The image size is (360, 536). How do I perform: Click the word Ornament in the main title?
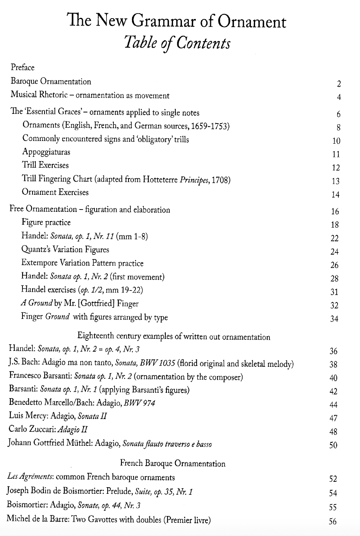252,22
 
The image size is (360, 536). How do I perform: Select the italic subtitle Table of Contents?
177,43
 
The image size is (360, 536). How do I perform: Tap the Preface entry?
22,67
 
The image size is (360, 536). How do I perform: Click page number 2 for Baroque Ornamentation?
339,84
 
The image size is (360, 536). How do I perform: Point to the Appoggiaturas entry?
46,152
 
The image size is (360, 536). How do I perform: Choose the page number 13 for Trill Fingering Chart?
336,181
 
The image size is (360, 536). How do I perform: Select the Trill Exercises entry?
45,165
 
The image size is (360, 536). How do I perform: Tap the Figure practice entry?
46,222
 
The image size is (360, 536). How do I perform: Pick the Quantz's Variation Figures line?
65,249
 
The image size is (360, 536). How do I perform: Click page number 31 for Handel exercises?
334,292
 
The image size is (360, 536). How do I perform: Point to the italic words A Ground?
37,303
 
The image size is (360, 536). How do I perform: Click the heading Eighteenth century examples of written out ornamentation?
174,337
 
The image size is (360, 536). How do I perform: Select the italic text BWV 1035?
155,363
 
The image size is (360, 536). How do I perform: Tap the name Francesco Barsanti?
40,376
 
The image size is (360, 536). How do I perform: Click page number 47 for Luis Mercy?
333,418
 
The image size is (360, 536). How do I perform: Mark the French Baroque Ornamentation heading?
173,463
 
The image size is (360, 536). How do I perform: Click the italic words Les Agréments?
30,477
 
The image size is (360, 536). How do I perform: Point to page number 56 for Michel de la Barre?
333,521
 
